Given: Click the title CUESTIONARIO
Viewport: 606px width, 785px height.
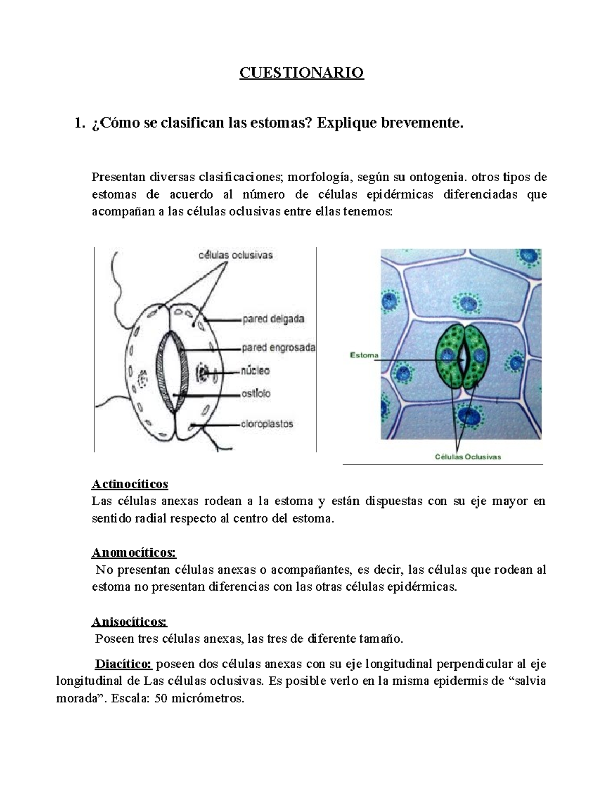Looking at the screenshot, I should [x=301, y=73].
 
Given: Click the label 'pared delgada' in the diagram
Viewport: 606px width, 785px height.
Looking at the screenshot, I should [x=273, y=319].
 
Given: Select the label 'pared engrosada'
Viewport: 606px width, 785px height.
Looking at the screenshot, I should [x=278, y=348].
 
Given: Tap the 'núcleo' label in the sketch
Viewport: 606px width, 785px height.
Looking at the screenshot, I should [x=256, y=371].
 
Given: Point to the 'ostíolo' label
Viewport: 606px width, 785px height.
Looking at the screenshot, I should [x=256, y=393].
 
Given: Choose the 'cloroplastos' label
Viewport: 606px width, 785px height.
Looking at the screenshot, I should [x=267, y=424].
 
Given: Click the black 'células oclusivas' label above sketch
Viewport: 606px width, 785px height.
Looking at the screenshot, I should [x=235, y=255].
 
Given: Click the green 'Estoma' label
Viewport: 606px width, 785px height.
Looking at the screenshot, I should [x=364, y=355].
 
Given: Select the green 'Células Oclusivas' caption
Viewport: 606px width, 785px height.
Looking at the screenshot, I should [x=468, y=457].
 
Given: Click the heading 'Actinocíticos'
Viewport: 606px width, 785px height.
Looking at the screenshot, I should [x=130, y=484].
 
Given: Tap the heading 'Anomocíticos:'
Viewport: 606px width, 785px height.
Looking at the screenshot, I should [x=134, y=552].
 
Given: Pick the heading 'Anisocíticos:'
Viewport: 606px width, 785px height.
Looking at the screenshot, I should [x=129, y=621].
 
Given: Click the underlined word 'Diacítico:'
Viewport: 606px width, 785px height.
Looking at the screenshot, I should [x=124, y=663].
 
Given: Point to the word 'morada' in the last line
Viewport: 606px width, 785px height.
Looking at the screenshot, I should [x=73, y=699].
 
